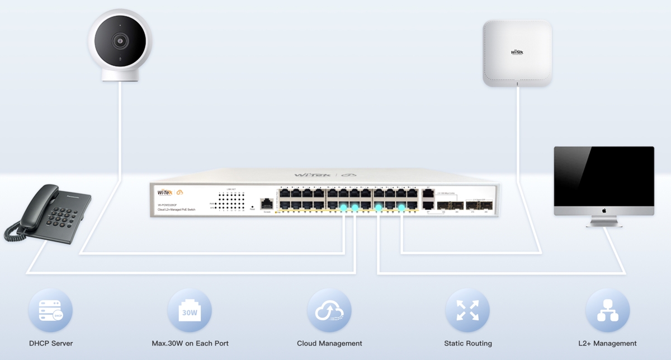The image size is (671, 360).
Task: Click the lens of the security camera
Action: pyautogui.click(x=120, y=41)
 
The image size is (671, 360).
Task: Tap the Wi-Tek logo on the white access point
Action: pyautogui.click(x=517, y=52)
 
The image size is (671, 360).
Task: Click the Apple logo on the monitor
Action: pyautogui.click(x=604, y=211)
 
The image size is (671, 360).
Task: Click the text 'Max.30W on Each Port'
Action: pyautogui.click(x=190, y=343)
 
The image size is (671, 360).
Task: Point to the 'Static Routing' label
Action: pyautogui.click(x=468, y=343)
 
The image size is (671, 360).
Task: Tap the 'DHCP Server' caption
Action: pyautogui.click(x=51, y=343)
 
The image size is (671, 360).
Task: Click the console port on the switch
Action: pyautogui.click(x=266, y=204)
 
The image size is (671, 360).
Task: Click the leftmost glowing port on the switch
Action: pyautogui.click(x=344, y=208)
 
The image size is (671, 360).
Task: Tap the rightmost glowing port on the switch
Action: pyautogui.click(x=401, y=208)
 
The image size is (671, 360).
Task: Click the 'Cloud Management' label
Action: pyautogui.click(x=329, y=343)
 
